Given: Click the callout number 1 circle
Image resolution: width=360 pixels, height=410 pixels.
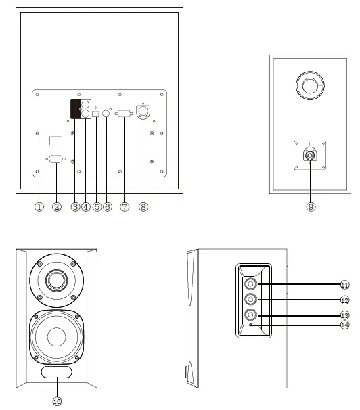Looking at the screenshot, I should [x=39, y=207].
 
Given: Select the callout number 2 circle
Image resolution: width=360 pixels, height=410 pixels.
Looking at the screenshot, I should [x=57, y=207].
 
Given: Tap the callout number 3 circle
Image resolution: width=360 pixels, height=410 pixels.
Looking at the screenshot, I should [x=75, y=207].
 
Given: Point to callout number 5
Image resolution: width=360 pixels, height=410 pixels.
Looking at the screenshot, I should [x=96, y=207].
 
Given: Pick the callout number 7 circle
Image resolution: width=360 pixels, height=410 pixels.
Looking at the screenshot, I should [x=124, y=207].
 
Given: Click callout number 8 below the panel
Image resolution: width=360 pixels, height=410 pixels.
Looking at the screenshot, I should [x=143, y=207].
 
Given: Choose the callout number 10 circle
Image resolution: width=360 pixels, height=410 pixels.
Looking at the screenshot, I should [x=57, y=401].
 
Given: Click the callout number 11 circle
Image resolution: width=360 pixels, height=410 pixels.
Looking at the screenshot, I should [x=344, y=284].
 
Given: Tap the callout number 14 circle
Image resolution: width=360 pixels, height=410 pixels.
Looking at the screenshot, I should [x=344, y=325].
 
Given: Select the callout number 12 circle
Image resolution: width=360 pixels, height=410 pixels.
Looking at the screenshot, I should [x=344, y=300].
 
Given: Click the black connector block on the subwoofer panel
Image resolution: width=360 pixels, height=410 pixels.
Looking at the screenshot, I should [x=76, y=109].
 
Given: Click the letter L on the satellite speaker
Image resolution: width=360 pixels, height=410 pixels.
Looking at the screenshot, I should [x=309, y=145].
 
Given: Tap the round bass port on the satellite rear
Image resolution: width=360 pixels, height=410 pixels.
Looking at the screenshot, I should [x=310, y=86].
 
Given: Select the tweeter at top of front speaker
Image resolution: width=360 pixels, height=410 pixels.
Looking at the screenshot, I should [x=57, y=279].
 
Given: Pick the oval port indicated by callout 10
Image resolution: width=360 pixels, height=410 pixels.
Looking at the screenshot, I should [x=58, y=373].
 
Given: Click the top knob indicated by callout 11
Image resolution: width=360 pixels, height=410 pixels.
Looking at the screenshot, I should [x=251, y=284].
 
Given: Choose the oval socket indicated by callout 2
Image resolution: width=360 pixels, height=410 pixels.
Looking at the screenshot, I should [x=56, y=160].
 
